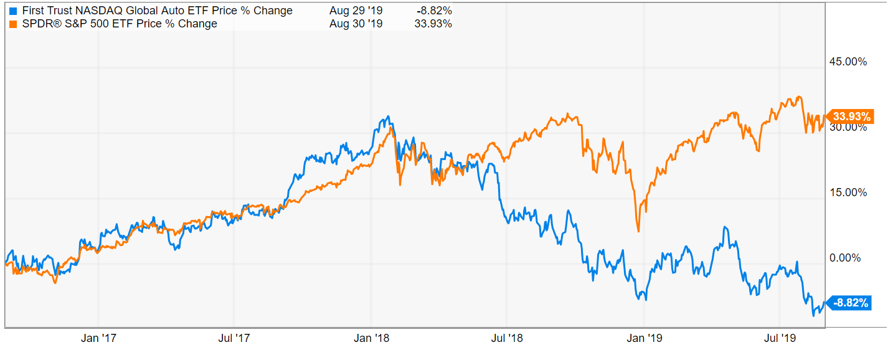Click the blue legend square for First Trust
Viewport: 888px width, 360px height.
[14, 11]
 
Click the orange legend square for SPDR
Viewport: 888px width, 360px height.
[14, 24]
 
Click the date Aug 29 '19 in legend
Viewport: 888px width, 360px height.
[356, 11]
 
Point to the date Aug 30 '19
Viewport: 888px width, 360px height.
[356, 24]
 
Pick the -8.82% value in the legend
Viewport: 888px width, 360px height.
[434, 11]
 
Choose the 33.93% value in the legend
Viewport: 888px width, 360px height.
[433, 24]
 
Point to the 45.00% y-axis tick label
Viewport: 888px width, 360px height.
[848, 62]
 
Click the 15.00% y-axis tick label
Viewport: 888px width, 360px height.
[848, 192]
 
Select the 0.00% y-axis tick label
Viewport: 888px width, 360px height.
[845, 258]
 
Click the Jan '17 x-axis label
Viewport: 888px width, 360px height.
[98, 338]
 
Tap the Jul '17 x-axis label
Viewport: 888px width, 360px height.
[234, 338]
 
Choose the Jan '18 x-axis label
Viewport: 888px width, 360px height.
[372, 338]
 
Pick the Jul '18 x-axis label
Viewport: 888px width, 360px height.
[507, 338]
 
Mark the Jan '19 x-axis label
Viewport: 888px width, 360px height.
[644, 338]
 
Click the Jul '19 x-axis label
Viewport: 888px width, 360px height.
[780, 338]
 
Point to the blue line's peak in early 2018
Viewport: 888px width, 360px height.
[389, 116]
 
